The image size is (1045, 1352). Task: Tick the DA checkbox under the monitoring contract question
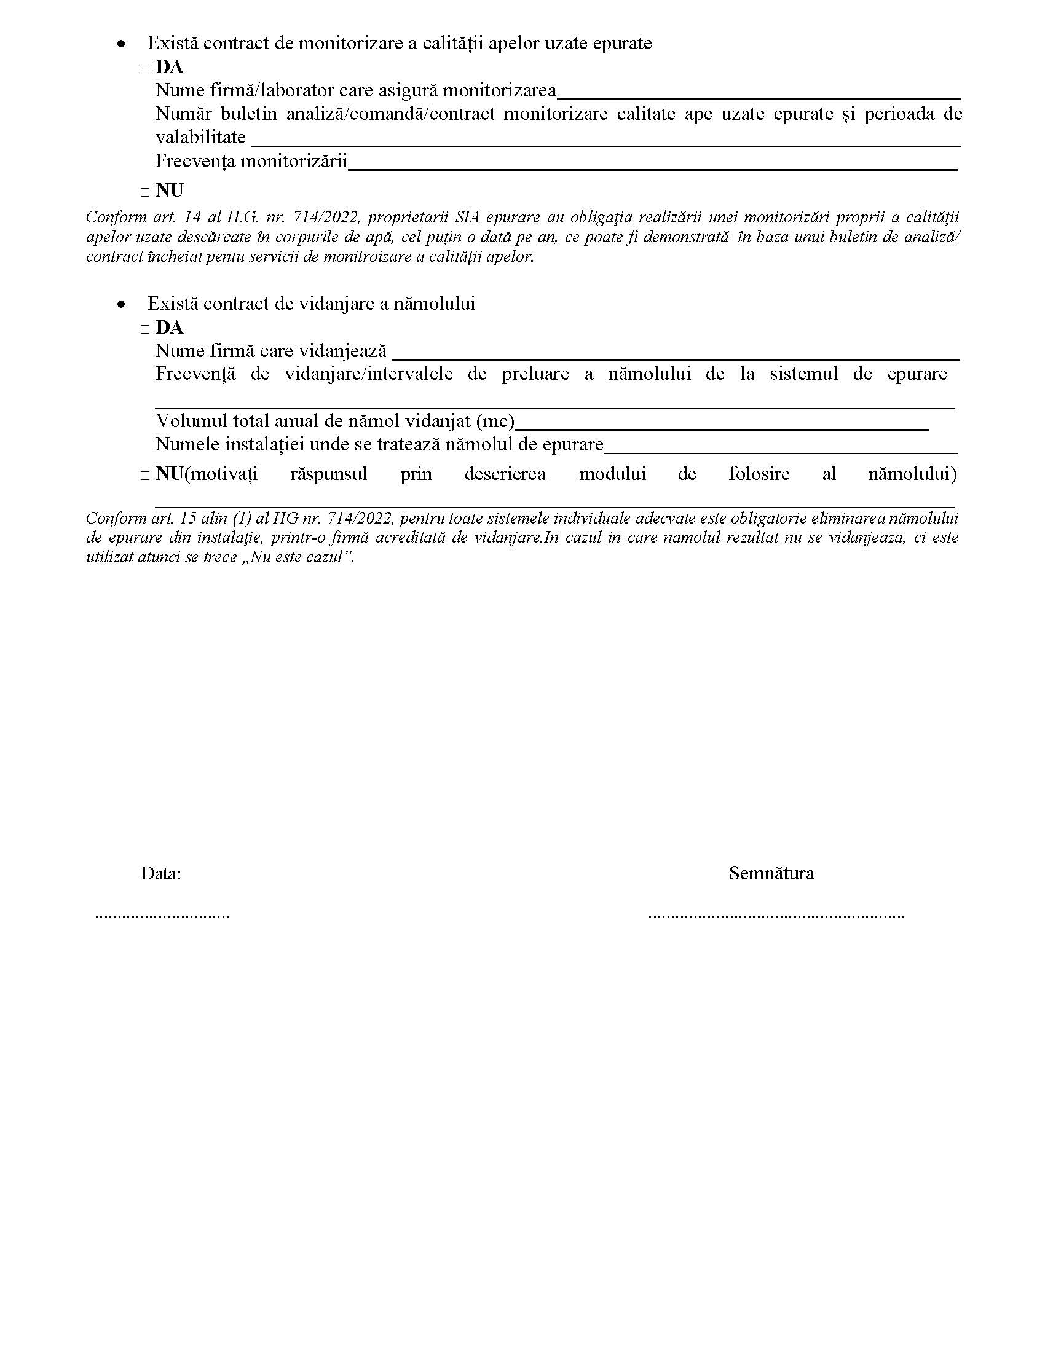pyautogui.click(x=145, y=69)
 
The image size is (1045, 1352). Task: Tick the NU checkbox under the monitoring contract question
pyautogui.click(x=145, y=192)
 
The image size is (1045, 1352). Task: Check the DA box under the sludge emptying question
pyautogui.click(x=145, y=329)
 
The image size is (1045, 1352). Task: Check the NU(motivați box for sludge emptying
pyautogui.click(x=145, y=476)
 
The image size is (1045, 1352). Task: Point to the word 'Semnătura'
pyautogui.click(x=771, y=873)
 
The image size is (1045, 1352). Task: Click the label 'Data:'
pyautogui.click(x=161, y=873)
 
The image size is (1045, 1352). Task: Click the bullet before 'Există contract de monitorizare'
pyautogui.click(x=121, y=44)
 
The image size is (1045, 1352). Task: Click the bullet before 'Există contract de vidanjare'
pyautogui.click(x=121, y=305)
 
